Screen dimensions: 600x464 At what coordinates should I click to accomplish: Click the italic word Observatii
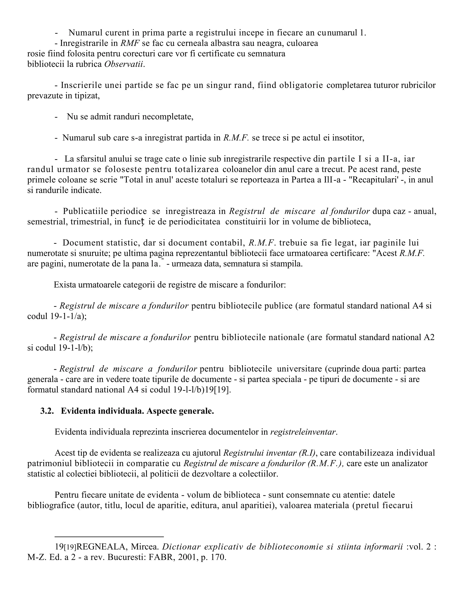124,64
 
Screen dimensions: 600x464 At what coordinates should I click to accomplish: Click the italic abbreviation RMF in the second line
130,43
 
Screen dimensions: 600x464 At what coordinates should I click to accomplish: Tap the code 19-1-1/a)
68,316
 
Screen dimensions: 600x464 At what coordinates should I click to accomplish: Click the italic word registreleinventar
303,432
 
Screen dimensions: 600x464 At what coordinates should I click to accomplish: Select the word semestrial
46,222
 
